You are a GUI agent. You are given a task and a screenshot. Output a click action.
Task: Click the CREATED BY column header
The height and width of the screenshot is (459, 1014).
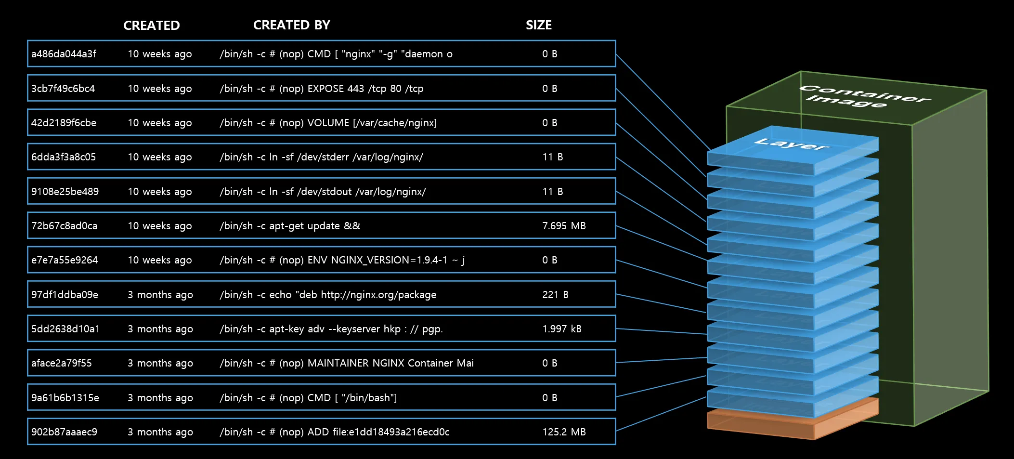[291, 25]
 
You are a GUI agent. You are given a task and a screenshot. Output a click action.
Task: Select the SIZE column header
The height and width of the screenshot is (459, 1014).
[538, 25]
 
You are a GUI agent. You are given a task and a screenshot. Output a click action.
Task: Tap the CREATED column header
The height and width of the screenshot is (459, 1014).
[151, 26]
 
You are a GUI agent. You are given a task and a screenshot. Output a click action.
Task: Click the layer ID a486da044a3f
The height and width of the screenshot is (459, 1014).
[64, 54]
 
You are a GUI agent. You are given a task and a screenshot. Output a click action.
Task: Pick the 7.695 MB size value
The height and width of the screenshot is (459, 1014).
[564, 226]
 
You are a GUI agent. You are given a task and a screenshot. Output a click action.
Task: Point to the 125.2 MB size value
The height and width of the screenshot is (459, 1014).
[564, 432]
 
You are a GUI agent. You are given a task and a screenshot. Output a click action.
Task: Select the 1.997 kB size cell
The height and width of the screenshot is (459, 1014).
[561, 329]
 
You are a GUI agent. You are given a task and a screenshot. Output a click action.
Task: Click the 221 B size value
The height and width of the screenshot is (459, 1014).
[555, 295]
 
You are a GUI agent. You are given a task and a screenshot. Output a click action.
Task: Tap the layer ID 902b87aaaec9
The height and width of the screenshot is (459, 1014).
[64, 432]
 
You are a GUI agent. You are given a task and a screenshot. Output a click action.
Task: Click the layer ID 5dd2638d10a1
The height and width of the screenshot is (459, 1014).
[65, 329]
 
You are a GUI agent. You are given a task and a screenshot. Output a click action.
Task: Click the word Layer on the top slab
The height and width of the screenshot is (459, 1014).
[792, 144]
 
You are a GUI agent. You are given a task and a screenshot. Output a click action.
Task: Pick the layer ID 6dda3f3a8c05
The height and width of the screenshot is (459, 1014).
[64, 157]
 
